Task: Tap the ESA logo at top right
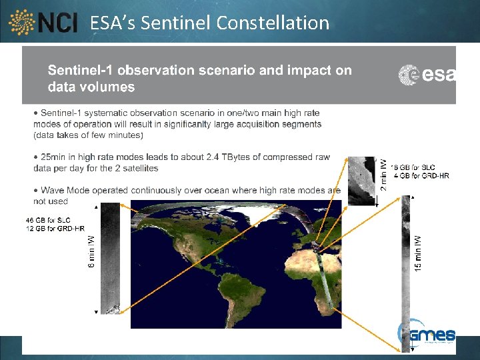[x=427, y=75]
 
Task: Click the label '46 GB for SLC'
[x=48, y=220]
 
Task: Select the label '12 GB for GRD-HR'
[x=55, y=229]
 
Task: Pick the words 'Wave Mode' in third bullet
[x=65, y=191]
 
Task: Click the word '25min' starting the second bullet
[x=55, y=157]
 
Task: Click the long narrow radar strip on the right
[x=405, y=273]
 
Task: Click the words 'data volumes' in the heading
[x=91, y=87]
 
